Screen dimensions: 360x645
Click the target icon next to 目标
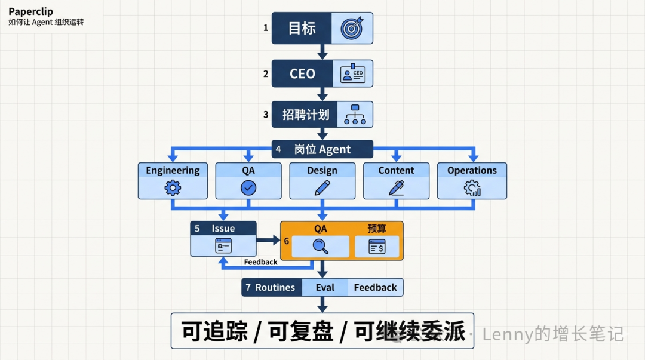tap(352, 28)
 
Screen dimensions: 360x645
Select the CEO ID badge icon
tap(352, 74)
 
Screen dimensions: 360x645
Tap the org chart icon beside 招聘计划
tap(355, 115)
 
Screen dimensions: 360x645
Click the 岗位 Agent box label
tap(322, 149)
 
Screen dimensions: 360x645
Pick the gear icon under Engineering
tap(173, 189)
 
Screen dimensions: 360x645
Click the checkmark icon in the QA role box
tap(248, 188)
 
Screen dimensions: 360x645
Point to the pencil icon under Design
tap(322, 188)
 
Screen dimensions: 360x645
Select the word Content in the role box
tap(396, 170)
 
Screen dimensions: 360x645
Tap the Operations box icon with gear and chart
tap(472, 189)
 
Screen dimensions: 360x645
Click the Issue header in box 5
tap(223, 228)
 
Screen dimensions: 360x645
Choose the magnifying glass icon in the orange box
tap(321, 246)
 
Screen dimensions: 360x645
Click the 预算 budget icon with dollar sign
tap(377, 246)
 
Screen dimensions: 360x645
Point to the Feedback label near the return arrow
tap(260, 262)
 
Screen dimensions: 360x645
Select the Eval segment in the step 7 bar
tap(325, 287)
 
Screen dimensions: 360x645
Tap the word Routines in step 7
tap(275, 287)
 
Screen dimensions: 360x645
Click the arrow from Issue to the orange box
tap(268, 240)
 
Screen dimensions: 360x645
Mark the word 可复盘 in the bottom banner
tap(301, 331)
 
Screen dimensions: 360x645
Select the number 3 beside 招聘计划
tap(266, 115)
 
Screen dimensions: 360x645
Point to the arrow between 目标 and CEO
tap(322, 51)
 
